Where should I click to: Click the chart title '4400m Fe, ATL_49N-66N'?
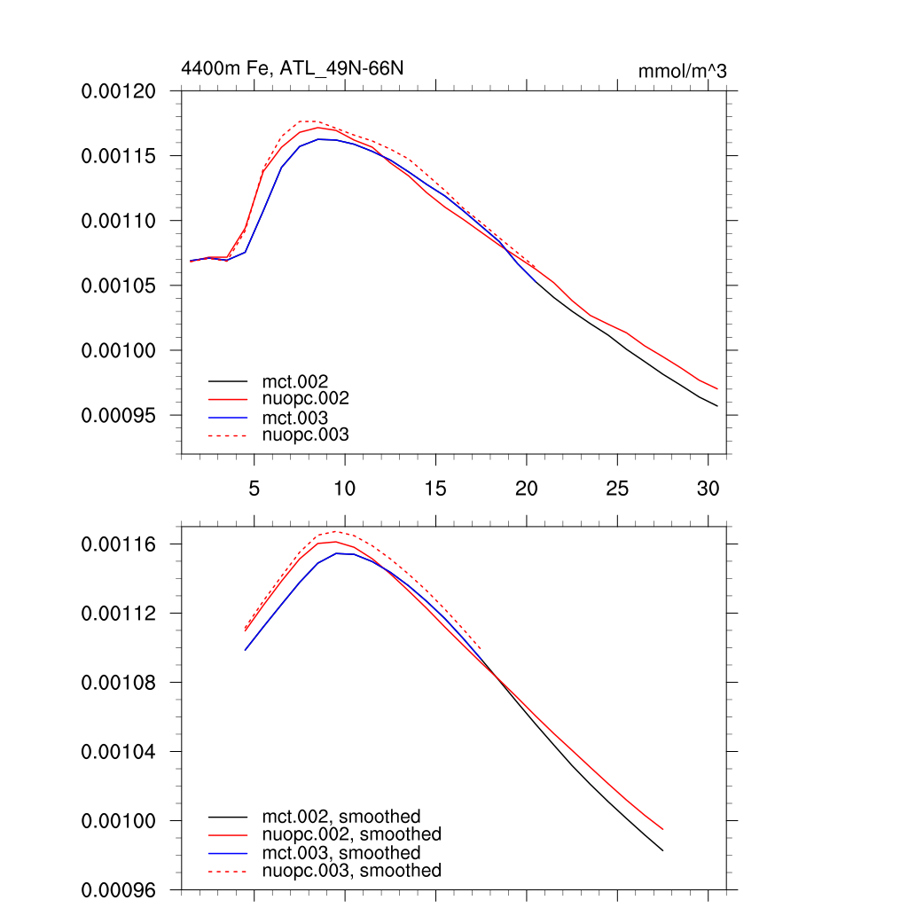tap(293, 68)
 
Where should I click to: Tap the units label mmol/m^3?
tap(682, 71)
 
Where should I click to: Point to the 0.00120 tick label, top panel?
tap(119, 90)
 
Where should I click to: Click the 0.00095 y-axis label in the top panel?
tap(119, 416)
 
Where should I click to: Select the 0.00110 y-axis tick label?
tap(119, 221)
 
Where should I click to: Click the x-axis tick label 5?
tap(254, 488)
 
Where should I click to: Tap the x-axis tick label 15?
tap(435, 488)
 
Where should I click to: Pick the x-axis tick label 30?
tap(708, 488)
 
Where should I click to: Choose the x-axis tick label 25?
tap(617, 488)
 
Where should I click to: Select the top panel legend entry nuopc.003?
tap(305, 435)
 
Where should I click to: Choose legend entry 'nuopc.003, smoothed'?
tap(351, 871)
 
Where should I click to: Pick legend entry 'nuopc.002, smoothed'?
tap(351, 834)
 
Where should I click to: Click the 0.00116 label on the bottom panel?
tap(119, 544)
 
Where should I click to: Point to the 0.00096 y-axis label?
tap(119, 889)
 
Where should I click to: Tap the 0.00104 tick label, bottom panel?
tap(119, 752)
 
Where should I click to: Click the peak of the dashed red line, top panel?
tap(306, 121)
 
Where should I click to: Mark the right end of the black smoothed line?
tap(662, 851)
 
